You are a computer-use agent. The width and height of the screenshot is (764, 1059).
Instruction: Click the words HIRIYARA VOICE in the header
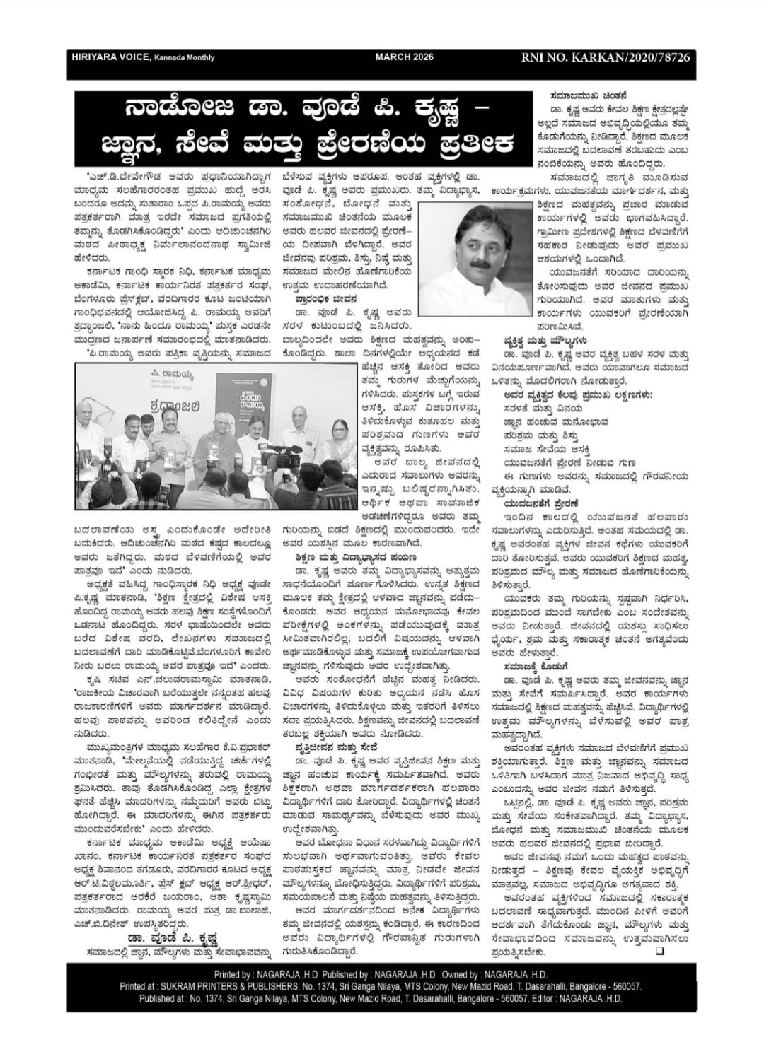107,57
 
